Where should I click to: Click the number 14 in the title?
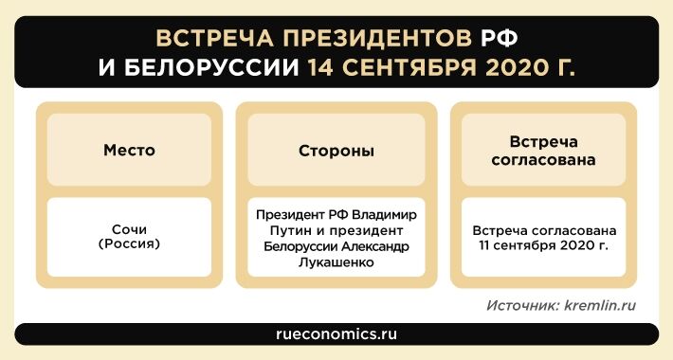pyautogui.click(x=323, y=68)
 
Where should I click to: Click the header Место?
pyautogui.click(x=129, y=151)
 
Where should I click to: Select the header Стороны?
pyautogui.click(x=336, y=151)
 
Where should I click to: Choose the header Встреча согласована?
pyautogui.click(x=543, y=151)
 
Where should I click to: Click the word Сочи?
pyautogui.click(x=129, y=229)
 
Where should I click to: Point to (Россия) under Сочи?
pyautogui.click(x=129, y=243)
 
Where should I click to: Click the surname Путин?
pyautogui.click(x=286, y=231)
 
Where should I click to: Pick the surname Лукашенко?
pyautogui.click(x=336, y=262)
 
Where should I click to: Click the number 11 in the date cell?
pyautogui.click(x=489, y=244)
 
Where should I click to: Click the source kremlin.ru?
pyautogui.click(x=600, y=306)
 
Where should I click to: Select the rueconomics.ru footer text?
pyautogui.click(x=336, y=334)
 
